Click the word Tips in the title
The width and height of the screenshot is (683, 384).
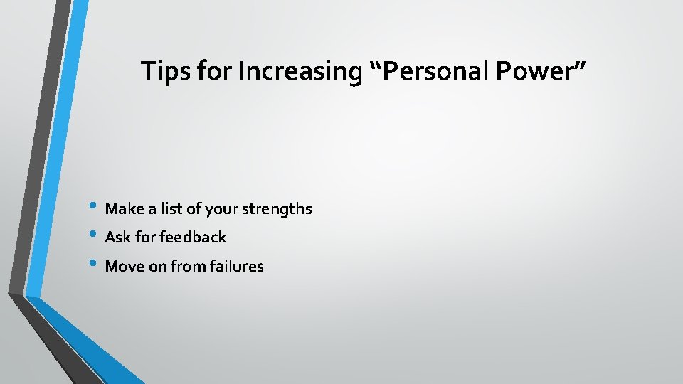[162, 71]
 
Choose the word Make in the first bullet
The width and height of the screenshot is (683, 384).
[122, 209]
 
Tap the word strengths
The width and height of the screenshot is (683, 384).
[277, 209]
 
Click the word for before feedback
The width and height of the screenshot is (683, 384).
[147, 238]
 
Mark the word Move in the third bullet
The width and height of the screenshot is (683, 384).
[123, 267]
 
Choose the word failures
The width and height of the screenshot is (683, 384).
[235, 267]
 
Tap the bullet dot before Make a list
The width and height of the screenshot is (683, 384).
[97, 208]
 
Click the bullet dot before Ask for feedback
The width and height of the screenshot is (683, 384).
[97, 237]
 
